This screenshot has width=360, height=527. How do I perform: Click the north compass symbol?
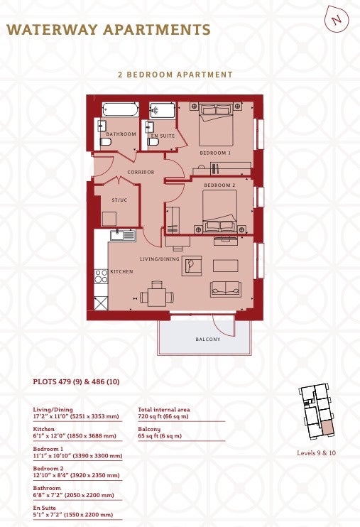(x=337, y=19)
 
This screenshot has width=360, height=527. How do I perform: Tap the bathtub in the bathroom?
(x=120, y=109)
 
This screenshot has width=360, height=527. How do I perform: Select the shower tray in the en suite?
(x=163, y=111)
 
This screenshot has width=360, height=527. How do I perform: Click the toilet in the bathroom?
(x=106, y=142)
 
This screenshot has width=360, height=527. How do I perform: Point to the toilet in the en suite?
(x=153, y=142)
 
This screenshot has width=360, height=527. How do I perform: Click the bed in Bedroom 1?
(x=216, y=124)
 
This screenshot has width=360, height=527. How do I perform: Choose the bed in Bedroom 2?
(x=220, y=211)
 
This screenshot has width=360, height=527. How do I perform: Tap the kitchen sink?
(x=123, y=235)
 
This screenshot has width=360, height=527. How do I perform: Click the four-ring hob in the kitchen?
(x=101, y=276)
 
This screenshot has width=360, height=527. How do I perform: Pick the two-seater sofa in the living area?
(x=226, y=289)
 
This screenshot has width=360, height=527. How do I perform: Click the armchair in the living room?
(x=192, y=266)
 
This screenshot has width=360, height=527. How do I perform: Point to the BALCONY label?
(x=208, y=339)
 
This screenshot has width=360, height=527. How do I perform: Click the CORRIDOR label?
(x=141, y=172)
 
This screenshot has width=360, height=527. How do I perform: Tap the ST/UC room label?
(x=119, y=200)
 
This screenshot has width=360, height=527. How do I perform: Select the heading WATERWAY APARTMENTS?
(x=109, y=30)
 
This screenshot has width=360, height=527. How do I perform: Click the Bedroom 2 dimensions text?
(x=76, y=475)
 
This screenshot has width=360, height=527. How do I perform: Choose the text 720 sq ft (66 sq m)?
(x=163, y=416)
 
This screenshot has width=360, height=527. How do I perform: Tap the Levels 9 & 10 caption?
(x=316, y=452)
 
